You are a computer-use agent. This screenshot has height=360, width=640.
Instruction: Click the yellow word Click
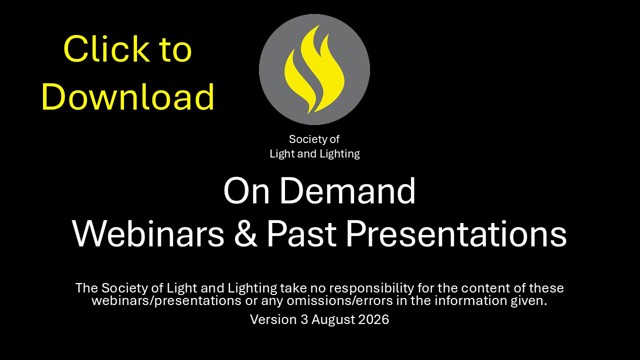pos(107,49)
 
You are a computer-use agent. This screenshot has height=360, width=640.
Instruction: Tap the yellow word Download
pos(128,96)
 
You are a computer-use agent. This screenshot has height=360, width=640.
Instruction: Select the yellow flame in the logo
pos(314,69)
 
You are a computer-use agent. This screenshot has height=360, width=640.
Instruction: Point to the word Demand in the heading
pos(347,191)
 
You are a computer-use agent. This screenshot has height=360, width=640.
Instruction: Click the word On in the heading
pos(246,191)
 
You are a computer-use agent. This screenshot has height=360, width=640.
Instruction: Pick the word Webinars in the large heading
pos(148,233)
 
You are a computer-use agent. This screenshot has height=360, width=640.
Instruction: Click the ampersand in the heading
pos(246,234)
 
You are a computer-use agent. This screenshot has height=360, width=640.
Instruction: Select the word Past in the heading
pos(302,234)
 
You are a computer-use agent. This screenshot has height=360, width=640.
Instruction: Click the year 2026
pos(373,319)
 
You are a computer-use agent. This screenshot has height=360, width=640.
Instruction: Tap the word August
pos(333,320)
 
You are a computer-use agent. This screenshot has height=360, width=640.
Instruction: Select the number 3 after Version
pos(304,319)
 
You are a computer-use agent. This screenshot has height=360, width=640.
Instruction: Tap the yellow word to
pos(176,49)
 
